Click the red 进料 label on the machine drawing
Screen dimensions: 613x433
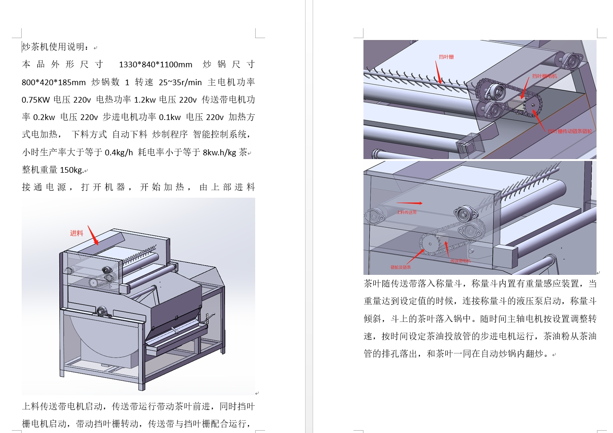76,233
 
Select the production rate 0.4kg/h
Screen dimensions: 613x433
119,152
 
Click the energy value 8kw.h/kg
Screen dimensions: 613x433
219,152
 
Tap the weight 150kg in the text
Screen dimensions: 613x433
71,170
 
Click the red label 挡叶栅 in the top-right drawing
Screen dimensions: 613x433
446,57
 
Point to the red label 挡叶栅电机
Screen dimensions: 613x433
545,76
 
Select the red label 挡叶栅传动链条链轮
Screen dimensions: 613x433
570,131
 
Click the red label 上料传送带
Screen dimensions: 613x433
407,212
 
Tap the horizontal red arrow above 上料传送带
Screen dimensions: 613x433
410,203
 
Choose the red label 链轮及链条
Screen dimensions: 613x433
401,267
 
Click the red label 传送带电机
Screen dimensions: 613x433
460,260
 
